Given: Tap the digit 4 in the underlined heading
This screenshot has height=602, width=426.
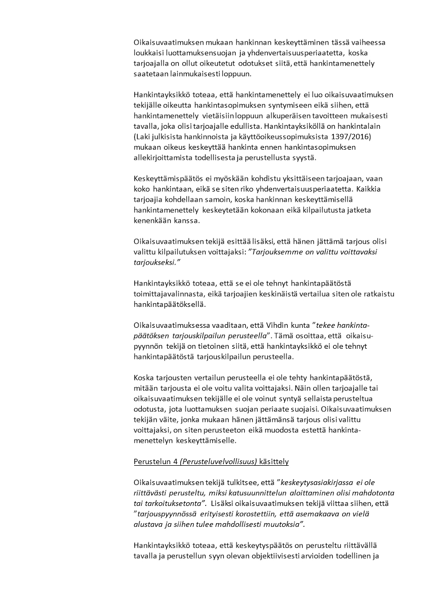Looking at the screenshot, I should point(170,461).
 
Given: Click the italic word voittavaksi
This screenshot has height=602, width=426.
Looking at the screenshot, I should point(356,251).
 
